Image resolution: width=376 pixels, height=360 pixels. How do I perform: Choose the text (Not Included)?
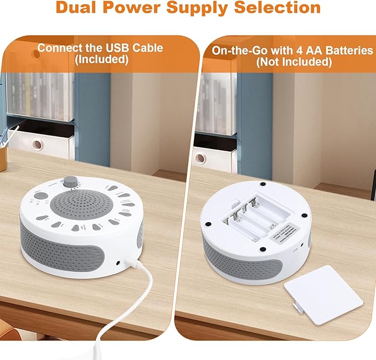point(293,62)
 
